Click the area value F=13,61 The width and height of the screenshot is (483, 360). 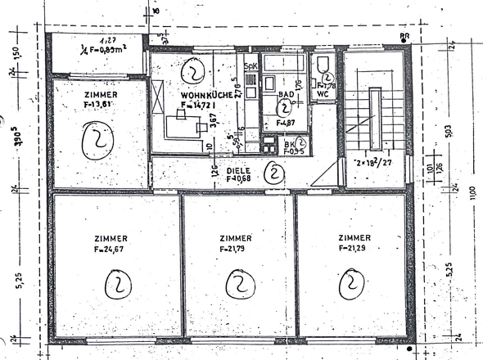[99, 104]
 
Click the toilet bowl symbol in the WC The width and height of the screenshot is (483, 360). [322, 65]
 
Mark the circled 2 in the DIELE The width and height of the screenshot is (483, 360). [276, 173]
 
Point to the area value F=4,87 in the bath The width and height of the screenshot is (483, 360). [286, 123]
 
